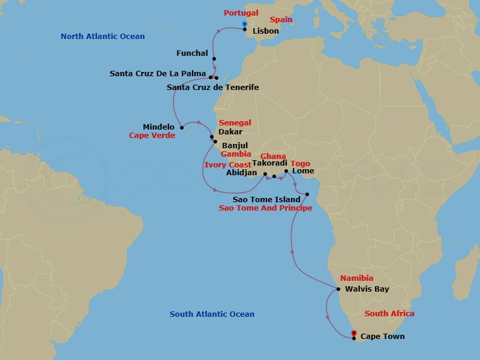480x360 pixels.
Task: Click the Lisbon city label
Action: pyautogui.click(x=265, y=31)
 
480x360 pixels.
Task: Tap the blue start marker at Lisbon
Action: pyautogui.click(x=244, y=24)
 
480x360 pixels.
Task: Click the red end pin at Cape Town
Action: pyautogui.click(x=354, y=333)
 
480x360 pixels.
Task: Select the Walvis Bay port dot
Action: pyautogui.click(x=339, y=289)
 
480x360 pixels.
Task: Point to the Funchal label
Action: pyautogui.click(x=192, y=53)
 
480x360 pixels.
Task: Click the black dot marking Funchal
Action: pyautogui.click(x=214, y=59)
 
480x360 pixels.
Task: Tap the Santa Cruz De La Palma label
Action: pyautogui.click(x=158, y=74)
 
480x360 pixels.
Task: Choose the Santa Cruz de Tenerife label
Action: pyautogui.click(x=212, y=88)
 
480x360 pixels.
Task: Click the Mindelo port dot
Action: pyautogui.click(x=181, y=127)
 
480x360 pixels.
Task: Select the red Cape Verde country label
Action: pyautogui.click(x=152, y=136)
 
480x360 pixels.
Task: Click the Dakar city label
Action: pyautogui.click(x=230, y=131)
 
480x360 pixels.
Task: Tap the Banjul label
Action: pyautogui.click(x=235, y=145)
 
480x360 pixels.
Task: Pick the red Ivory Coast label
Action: pyautogui.click(x=227, y=164)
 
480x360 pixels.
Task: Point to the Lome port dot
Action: pyautogui.click(x=286, y=172)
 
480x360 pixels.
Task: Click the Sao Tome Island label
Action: pyautogui.click(x=266, y=199)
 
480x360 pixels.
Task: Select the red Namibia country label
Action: pyautogui.click(x=356, y=278)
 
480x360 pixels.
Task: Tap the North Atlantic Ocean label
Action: pyautogui.click(x=103, y=37)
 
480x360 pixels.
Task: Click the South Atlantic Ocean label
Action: pyautogui.click(x=212, y=314)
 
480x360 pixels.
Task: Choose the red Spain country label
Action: pyautogui.click(x=281, y=20)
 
